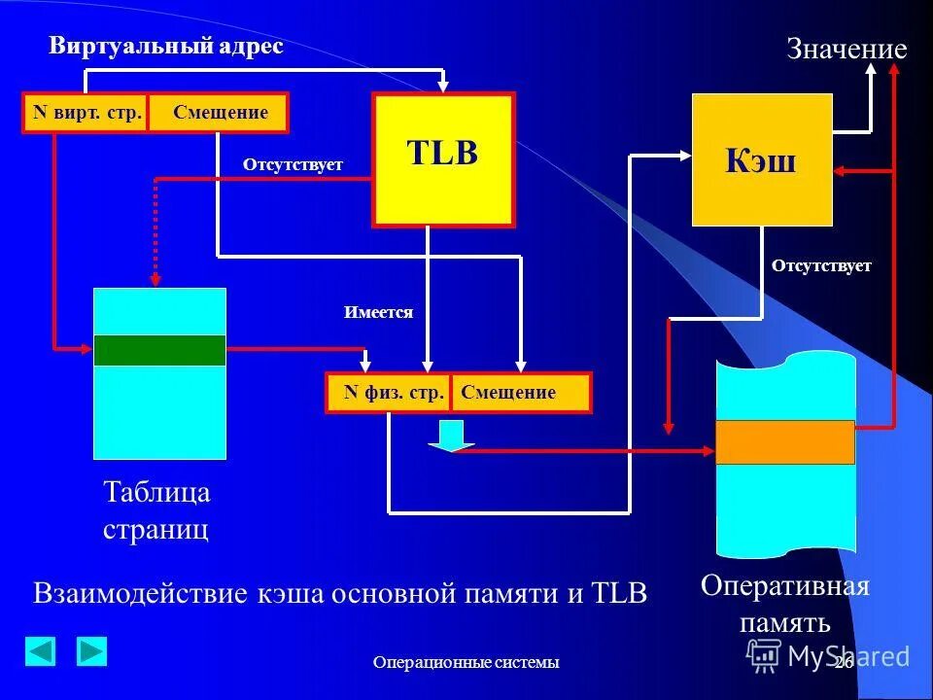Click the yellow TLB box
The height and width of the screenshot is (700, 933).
coord(443,160)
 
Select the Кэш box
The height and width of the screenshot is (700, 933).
coord(762,160)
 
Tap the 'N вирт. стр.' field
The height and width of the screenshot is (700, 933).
coord(86,112)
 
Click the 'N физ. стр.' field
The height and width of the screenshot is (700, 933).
coord(389,393)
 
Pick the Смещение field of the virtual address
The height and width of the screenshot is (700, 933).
coord(219,112)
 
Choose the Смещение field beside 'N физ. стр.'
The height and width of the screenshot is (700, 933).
coord(520,393)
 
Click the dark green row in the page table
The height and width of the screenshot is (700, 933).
coord(159,350)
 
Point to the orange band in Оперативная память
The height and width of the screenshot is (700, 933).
coord(785,442)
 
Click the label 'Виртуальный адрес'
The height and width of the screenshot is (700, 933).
coord(166,48)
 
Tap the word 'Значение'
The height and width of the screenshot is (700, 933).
coord(846,51)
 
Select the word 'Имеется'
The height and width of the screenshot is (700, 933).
coord(378,312)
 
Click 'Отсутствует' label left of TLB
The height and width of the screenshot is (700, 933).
coord(293,164)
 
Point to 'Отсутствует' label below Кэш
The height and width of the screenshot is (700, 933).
coord(821,265)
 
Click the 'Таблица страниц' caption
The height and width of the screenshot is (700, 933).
coord(156,511)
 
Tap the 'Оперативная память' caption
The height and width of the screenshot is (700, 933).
coord(785,604)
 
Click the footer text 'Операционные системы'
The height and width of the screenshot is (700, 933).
coord(466,663)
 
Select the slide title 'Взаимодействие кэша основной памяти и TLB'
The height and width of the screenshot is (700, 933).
coord(340,594)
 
